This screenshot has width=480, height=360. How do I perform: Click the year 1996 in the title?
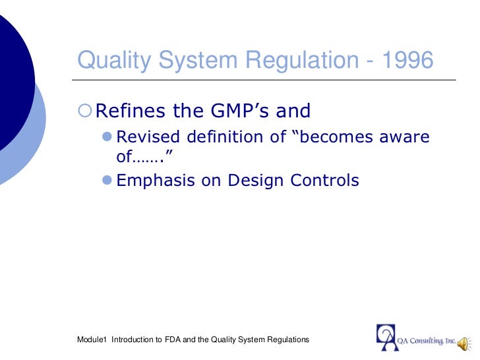[406, 61]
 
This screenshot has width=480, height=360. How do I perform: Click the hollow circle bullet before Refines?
[84, 111]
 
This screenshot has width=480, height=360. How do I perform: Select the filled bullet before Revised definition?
[108, 137]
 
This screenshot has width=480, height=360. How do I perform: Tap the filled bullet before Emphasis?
[108, 180]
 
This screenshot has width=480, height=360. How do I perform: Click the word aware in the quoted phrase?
[404, 137]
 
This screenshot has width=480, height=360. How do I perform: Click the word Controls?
[326, 180]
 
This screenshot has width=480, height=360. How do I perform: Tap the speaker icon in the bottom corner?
[464, 340]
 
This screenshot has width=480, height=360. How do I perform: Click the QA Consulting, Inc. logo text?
[427, 340]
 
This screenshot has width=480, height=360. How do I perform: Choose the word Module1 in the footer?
[92, 340]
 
